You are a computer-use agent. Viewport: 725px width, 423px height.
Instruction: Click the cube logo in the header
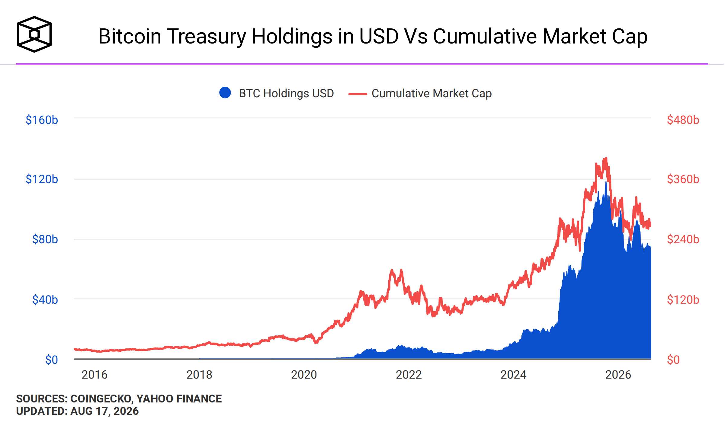coord(34,34)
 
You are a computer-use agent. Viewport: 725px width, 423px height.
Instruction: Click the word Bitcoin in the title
coord(130,37)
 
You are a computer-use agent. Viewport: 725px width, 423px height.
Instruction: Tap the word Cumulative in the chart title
coord(485,37)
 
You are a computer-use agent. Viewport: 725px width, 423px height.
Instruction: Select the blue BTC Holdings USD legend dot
coord(225,93)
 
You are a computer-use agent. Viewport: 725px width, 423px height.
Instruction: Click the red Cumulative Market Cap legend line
coord(358,94)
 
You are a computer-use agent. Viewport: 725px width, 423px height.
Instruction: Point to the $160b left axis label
coord(42,120)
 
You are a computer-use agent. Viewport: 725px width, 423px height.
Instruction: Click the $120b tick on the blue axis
coord(42,179)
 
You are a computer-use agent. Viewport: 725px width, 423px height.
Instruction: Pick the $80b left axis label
coord(45,239)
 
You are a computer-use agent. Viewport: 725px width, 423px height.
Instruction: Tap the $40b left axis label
coord(45,300)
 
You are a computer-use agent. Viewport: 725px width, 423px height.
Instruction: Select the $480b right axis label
coord(683,120)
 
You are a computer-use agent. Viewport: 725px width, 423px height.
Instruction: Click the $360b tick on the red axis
coord(683,179)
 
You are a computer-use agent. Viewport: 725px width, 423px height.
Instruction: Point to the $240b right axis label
coord(683,239)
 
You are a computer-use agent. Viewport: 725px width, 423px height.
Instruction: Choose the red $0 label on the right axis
coord(673,360)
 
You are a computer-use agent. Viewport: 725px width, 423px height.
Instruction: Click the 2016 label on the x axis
coord(95,375)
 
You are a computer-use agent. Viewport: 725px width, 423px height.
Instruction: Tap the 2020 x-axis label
coord(304,375)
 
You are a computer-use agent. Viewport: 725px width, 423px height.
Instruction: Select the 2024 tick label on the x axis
coord(513,375)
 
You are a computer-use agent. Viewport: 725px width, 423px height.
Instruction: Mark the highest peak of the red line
coord(606,158)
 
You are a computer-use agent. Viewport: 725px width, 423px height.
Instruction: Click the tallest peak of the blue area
coord(606,182)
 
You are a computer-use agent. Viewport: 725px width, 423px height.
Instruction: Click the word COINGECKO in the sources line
coord(101,399)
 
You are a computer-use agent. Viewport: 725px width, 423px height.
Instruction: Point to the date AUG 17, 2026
coord(104,411)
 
